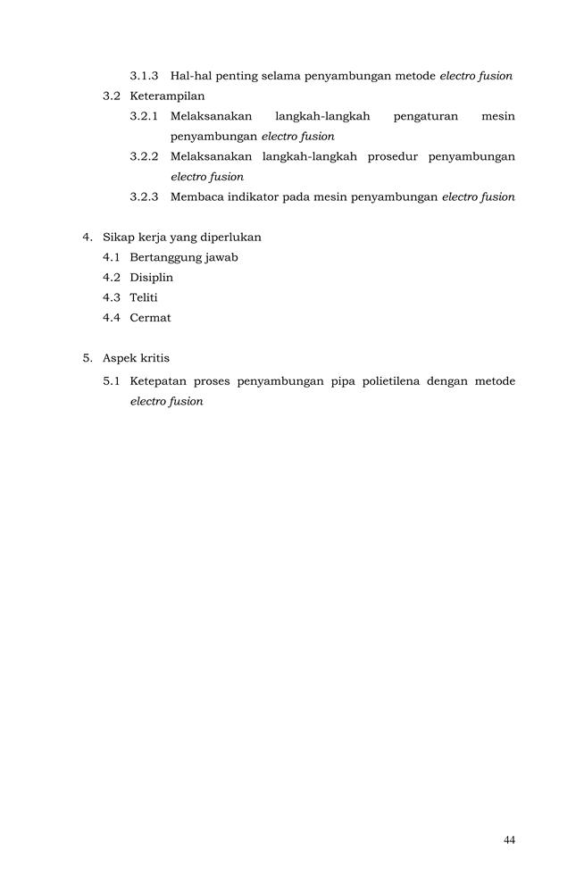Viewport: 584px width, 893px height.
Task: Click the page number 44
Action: [509, 839]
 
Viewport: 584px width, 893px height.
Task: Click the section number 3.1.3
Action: [144, 76]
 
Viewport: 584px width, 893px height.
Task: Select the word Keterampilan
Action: [167, 96]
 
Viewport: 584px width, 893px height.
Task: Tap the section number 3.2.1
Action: [144, 116]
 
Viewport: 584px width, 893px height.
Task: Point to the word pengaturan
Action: [425, 116]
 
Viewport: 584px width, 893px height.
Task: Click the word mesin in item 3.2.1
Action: [497, 116]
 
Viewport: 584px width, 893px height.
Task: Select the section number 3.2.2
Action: [144, 156]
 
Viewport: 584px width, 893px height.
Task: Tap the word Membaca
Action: [196, 196]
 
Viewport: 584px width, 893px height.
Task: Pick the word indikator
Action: [254, 196]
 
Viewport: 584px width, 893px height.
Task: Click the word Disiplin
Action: [151, 277]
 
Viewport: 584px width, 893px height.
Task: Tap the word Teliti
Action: [144, 297]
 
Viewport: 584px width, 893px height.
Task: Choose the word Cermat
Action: [150, 317]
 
